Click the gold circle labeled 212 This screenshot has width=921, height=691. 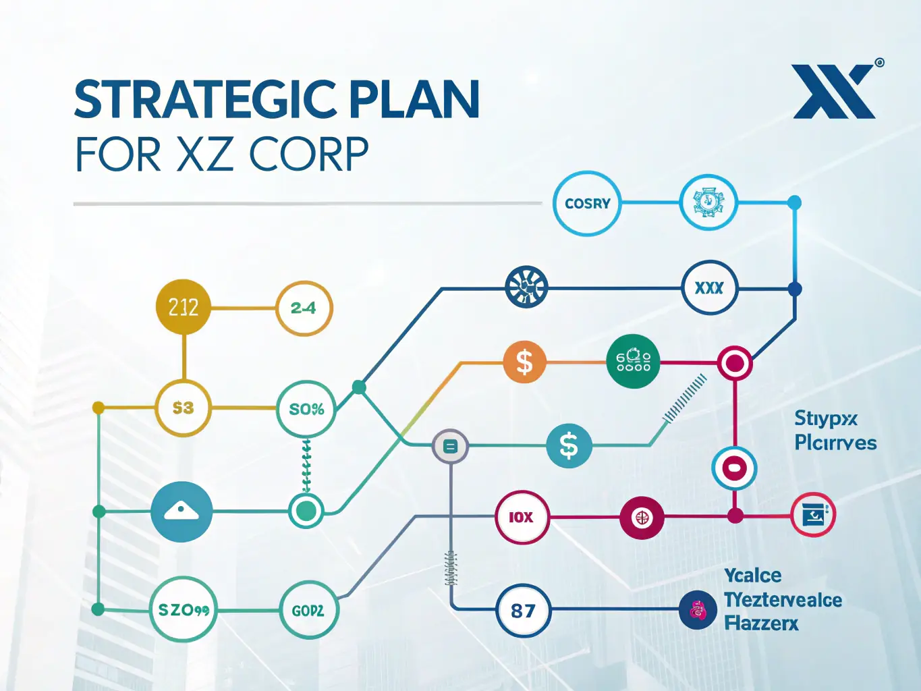coord(183,307)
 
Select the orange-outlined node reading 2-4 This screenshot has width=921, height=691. coord(304,308)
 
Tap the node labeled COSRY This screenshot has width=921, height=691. coord(587,203)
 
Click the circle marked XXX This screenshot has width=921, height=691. coord(709,288)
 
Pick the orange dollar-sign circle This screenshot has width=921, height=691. coord(524,362)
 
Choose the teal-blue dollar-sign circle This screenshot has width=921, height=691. coord(569,445)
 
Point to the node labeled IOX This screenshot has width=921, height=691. coord(522,517)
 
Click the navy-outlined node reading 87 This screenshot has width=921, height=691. coord(523,611)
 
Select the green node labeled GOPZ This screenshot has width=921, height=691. coord(308,610)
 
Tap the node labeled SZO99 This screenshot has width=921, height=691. coord(183,609)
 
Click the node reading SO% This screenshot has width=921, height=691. coord(306,409)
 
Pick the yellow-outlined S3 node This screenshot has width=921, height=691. coord(183,408)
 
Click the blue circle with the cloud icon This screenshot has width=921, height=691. coord(182,512)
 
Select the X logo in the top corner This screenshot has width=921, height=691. coord(834,92)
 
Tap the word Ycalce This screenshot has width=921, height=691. coord(752,576)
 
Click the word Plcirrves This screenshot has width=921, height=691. coord(835,443)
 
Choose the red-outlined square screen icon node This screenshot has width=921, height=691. coord(813,516)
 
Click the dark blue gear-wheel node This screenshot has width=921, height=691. coord(526,287)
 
